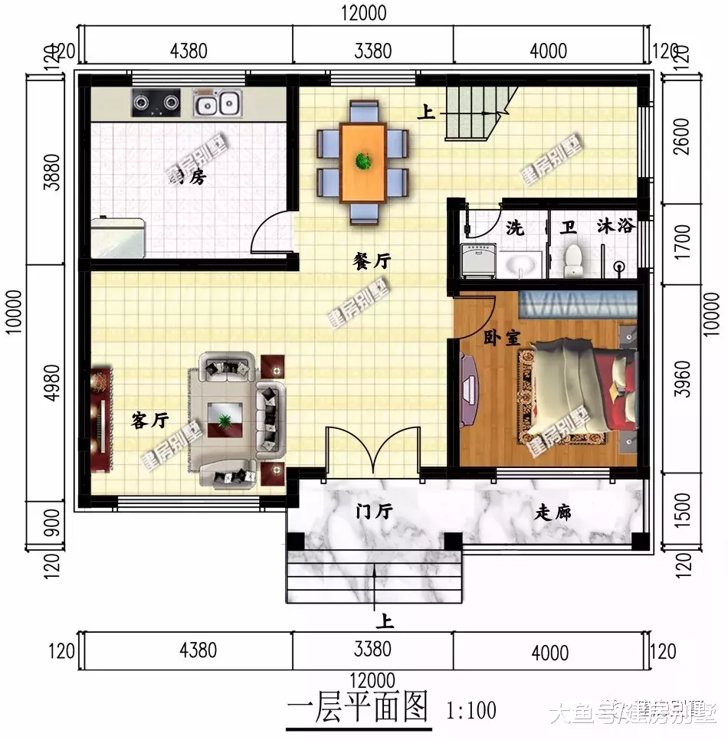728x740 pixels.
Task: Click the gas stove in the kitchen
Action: (156, 101)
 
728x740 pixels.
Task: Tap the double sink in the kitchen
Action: (217, 102)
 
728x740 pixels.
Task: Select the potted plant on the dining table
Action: (362, 161)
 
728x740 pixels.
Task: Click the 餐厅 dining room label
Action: (372, 262)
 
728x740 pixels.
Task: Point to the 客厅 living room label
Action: (150, 420)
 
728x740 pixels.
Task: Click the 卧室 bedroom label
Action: (501, 338)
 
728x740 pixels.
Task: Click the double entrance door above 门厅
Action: (372, 452)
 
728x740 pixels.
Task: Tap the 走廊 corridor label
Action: (553, 512)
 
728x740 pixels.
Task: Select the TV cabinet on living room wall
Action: (101, 418)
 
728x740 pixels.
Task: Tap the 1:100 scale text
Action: (471, 710)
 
